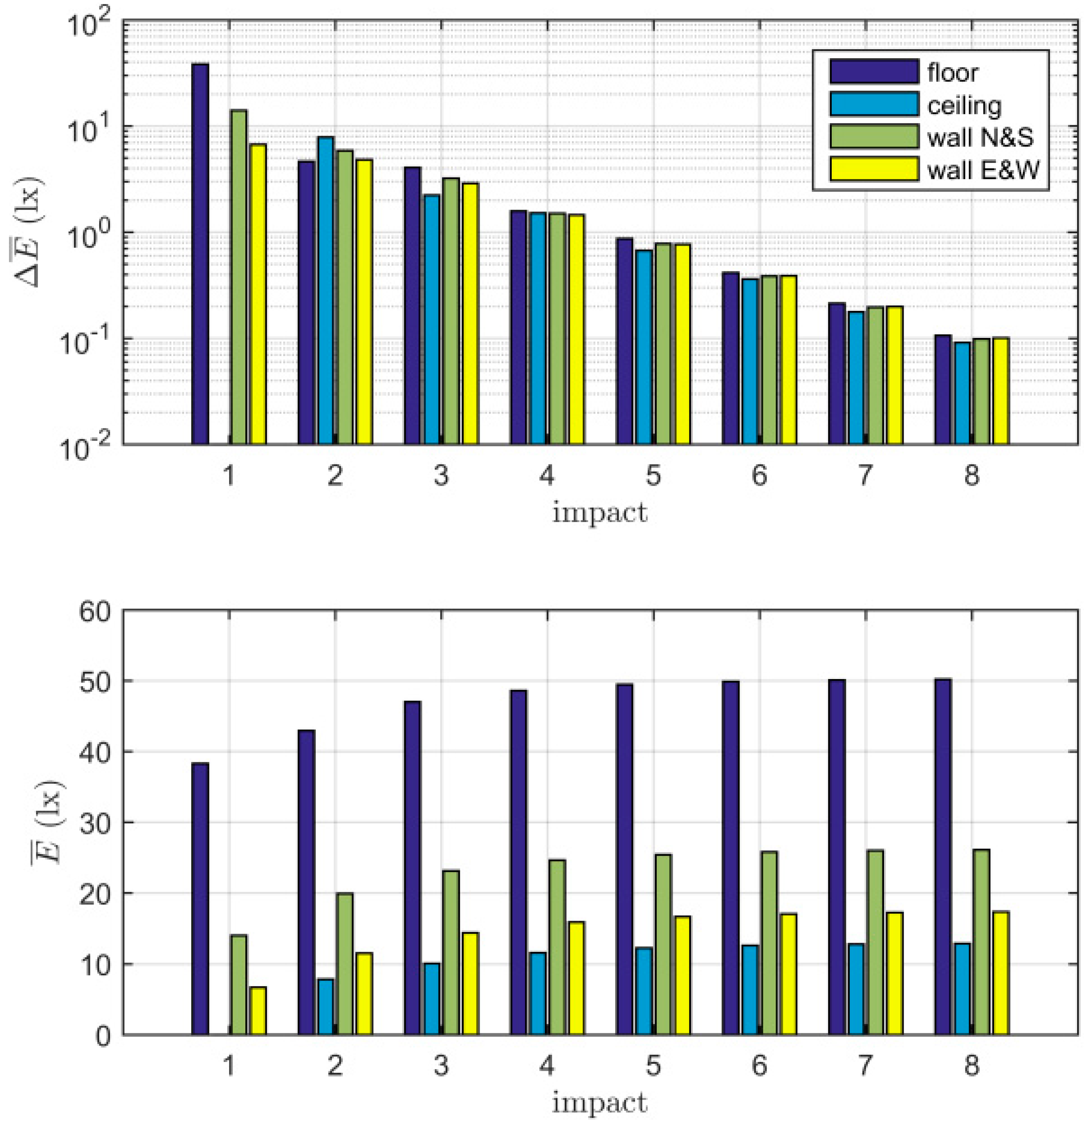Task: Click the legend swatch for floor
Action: [x=874, y=71]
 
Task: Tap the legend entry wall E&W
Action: [x=982, y=170]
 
